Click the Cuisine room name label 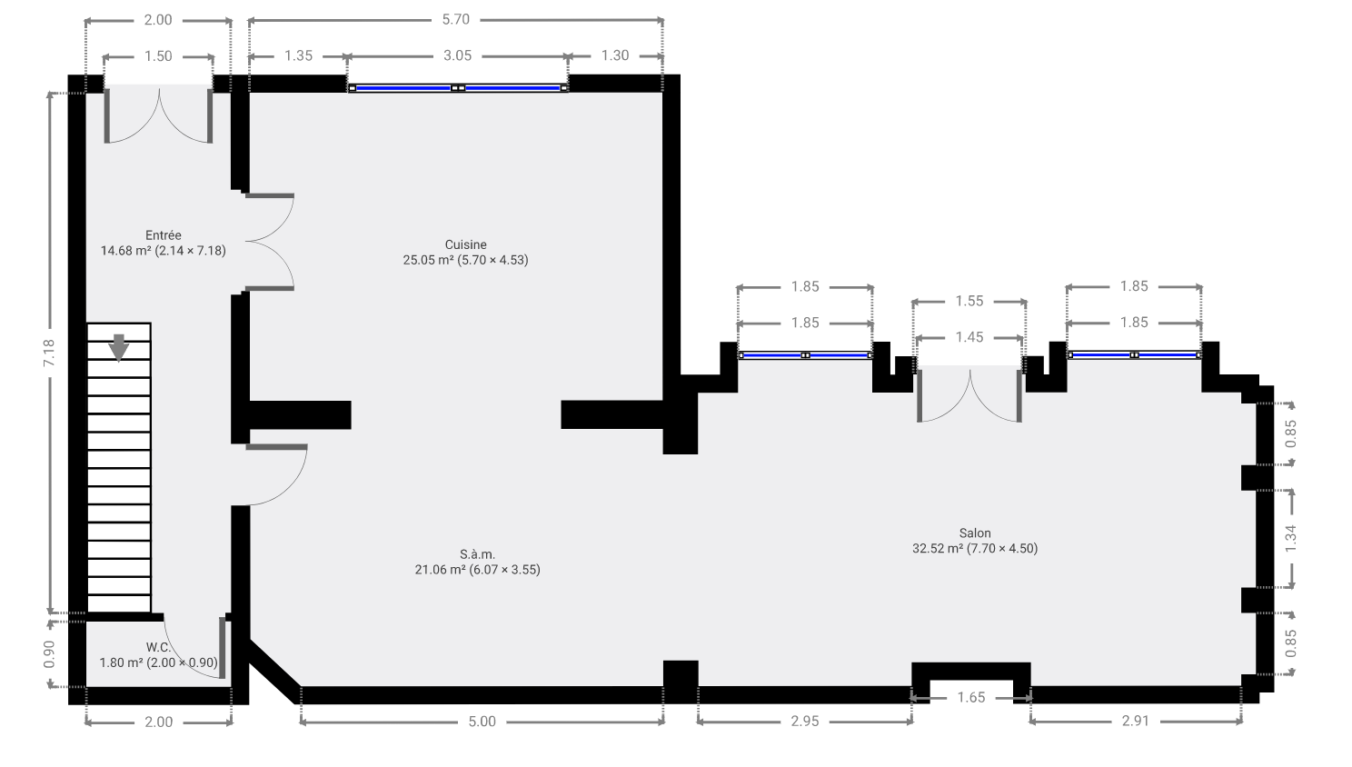coord(465,244)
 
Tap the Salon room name coord(975,533)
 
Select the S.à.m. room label coord(477,554)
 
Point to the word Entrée coord(163,235)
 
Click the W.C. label coord(158,648)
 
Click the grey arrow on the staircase coord(119,347)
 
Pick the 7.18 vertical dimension coord(49,353)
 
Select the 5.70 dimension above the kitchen coord(456,19)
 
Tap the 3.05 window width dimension coord(458,55)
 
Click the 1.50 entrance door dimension coord(158,56)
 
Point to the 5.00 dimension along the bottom coord(482,722)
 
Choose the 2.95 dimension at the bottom coord(805,722)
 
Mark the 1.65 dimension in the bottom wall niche coord(971,698)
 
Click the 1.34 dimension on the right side coord(1290,538)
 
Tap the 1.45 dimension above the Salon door coord(969,337)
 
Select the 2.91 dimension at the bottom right coord(1136,721)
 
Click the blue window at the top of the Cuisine coord(458,88)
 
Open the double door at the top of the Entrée coord(159,115)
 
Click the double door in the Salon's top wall coord(969,393)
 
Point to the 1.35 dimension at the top coord(299,55)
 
